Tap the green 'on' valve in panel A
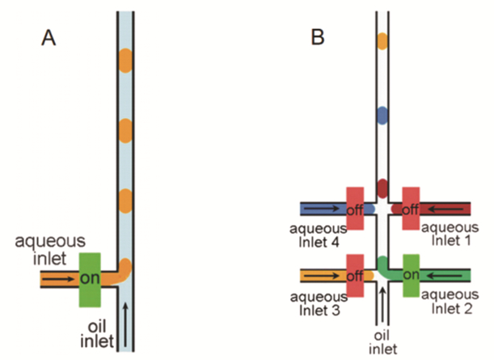coord(88,279)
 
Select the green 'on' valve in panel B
coord(410,275)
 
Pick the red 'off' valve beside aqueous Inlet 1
coord(410,209)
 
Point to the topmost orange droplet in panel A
coord(125,59)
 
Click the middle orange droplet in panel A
coord(125,129)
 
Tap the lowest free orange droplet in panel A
coord(125,198)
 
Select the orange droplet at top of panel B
coord(382,40)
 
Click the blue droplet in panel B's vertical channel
coord(382,115)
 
